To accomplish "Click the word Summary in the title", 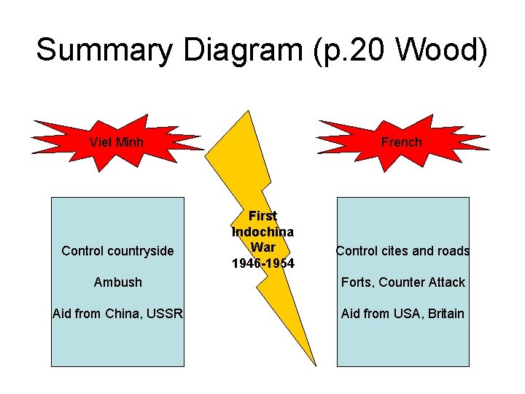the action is coord(104,50).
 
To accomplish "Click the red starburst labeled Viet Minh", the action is coord(117,142).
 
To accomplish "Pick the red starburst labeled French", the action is coord(401,142).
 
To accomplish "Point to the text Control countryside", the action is coord(117,251).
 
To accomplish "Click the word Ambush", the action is coord(117,282).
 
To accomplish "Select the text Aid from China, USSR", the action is coord(117,314).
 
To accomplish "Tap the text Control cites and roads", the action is coord(402,251).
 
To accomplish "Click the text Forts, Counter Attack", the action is coord(402,282).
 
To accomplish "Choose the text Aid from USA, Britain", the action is coord(402,314).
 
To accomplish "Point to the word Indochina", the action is coord(262,232).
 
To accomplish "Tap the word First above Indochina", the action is coord(262,216).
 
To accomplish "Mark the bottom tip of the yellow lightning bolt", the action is coord(315,363).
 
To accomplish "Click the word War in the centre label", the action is coord(262,247).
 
